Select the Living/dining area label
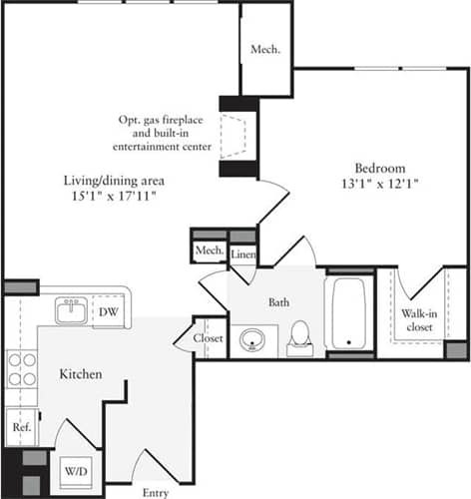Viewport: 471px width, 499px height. click(x=114, y=181)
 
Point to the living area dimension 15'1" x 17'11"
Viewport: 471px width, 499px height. click(x=115, y=197)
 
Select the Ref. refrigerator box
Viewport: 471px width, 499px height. click(x=20, y=427)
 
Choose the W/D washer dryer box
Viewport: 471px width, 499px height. click(x=75, y=470)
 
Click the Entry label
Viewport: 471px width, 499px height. click(x=155, y=492)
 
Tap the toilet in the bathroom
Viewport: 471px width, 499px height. click(x=298, y=337)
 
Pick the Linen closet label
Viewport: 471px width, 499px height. click(x=243, y=253)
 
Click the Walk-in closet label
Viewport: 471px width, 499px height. click(x=419, y=319)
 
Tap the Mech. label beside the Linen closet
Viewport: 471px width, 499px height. click(x=209, y=249)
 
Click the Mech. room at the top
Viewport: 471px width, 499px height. click(x=264, y=49)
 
